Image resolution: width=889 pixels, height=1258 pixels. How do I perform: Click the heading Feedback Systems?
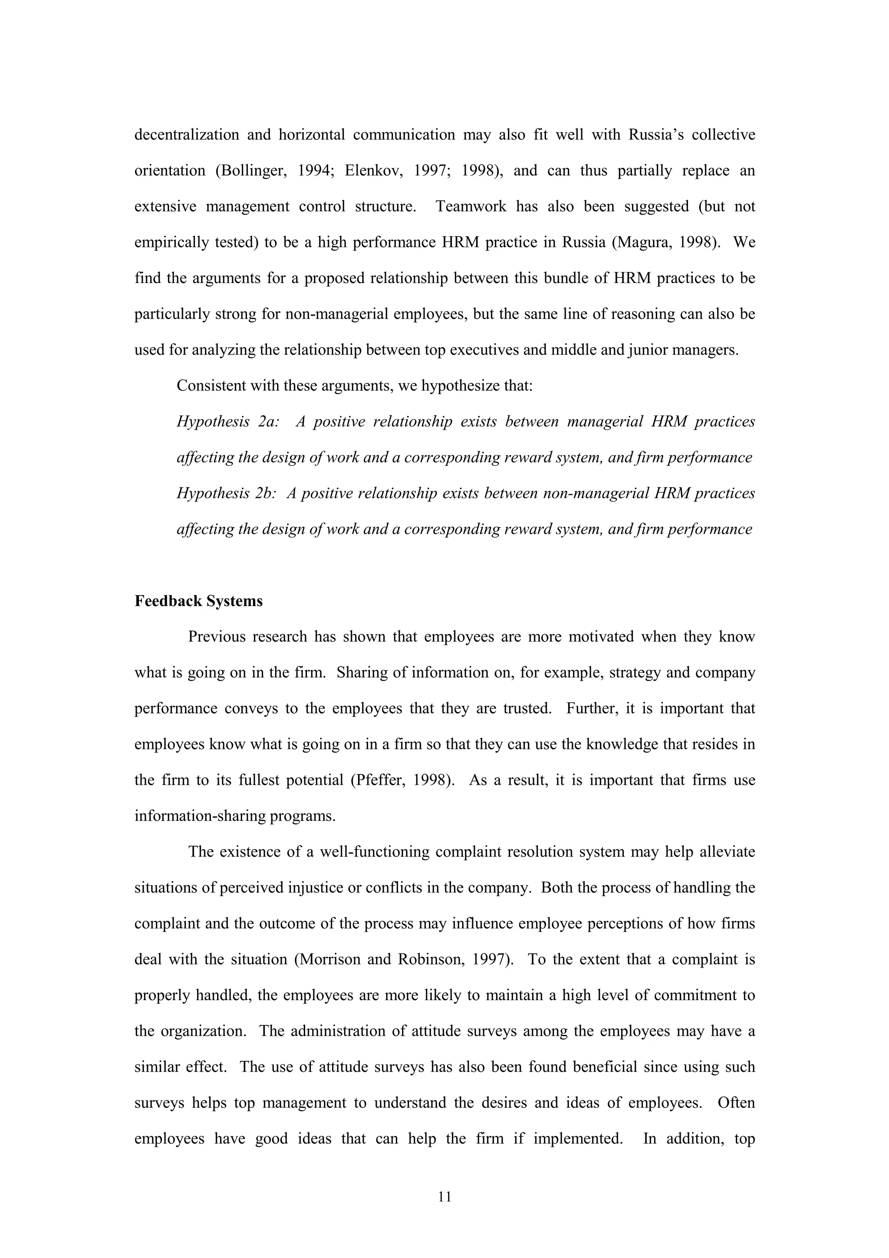click(198, 601)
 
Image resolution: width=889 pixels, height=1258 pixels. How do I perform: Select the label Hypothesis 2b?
click(226, 494)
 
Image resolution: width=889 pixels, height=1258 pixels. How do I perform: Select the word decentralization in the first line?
click(187, 135)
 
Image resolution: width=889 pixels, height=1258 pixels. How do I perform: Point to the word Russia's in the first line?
click(655, 135)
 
